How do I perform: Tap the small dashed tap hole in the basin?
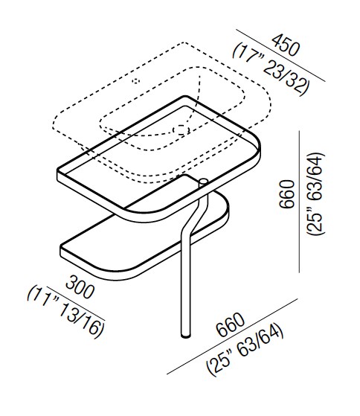(x=137, y=80)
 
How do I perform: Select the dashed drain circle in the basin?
(x=179, y=129)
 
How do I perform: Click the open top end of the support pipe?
(x=202, y=181)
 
